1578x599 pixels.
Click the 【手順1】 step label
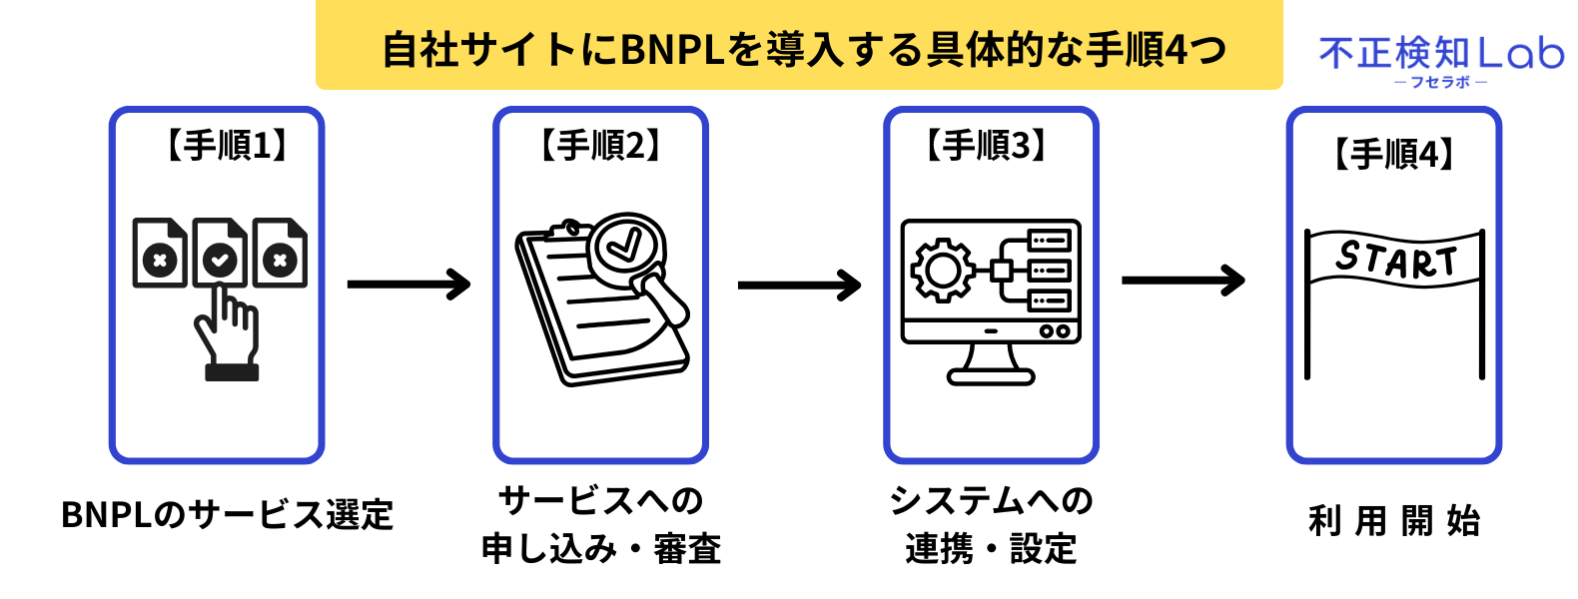pyautogui.click(x=226, y=146)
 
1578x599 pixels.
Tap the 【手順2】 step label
pyautogui.click(x=600, y=146)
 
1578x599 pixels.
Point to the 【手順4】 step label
pyautogui.click(x=1394, y=155)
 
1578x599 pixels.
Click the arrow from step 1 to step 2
pyautogui.click(x=408, y=285)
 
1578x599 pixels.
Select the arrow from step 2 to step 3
pyautogui.click(x=799, y=286)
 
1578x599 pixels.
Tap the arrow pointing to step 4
pyautogui.click(x=1183, y=281)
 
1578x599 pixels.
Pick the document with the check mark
pyautogui.click(x=220, y=254)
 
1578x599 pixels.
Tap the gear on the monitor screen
pyautogui.click(x=940, y=271)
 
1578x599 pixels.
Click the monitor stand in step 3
pyautogui.click(x=991, y=364)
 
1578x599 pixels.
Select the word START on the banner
pyautogui.click(x=1396, y=260)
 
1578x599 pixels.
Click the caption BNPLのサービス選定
pyautogui.click(x=228, y=515)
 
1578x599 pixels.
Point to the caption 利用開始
pyautogui.click(x=1394, y=520)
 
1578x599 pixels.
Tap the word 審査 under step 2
pyautogui.click(x=687, y=549)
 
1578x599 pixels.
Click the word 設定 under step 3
pyautogui.click(x=1043, y=549)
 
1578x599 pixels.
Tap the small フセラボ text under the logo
pyautogui.click(x=1440, y=82)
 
